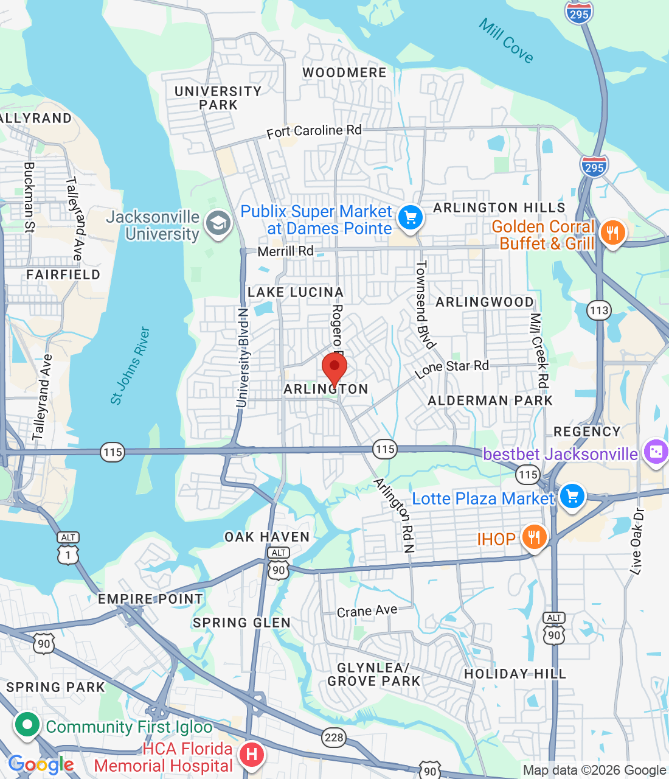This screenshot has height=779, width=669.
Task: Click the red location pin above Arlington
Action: click(334, 368)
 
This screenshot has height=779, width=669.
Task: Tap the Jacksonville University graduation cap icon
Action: click(218, 224)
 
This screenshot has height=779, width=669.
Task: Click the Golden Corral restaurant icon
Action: click(612, 233)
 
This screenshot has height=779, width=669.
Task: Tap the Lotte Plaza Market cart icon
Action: click(572, 497)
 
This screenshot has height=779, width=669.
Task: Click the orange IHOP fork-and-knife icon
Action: click(533, 538)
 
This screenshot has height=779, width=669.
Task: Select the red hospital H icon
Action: click(251, 755)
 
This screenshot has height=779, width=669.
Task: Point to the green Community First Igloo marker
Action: click(27, 725)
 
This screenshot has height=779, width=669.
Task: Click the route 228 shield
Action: click(334, 738)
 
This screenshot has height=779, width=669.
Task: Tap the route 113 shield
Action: click(599, 311)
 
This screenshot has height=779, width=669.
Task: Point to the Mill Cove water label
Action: click(506, 41)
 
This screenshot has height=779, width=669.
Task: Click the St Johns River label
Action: click(130, 366)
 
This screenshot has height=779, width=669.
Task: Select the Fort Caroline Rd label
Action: click(314, 131)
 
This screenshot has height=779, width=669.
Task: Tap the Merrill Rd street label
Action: click(285, 251)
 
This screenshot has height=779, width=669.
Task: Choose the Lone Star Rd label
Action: click(452, 368)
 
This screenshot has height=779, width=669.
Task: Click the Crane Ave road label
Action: click(367, 611)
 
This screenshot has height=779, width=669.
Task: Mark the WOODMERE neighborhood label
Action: click(344, 73)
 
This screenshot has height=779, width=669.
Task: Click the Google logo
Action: click(41, 764)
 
